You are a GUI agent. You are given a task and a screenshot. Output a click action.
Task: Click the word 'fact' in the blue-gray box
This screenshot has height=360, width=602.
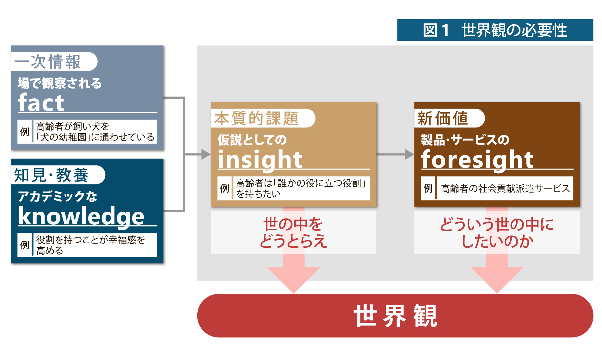pos(41,102)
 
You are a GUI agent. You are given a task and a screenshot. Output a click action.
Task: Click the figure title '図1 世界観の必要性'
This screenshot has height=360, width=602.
pos(495,30)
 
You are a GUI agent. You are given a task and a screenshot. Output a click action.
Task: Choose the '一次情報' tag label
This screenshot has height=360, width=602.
pos(47,61)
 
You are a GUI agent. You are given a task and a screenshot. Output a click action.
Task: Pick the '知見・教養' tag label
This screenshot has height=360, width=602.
pos(51,175)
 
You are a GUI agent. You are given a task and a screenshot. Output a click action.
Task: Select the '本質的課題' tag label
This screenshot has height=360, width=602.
pos(256,118)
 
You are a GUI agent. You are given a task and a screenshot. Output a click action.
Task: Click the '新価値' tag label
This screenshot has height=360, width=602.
pos(443,118)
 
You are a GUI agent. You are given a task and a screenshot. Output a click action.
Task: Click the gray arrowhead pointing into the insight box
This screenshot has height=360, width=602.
pos(206,154)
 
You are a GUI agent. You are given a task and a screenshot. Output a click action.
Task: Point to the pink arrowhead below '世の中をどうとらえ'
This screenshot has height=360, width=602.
pos(294,280)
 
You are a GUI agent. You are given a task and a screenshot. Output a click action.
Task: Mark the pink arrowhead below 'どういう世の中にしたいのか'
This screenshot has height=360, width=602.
pos(497,280)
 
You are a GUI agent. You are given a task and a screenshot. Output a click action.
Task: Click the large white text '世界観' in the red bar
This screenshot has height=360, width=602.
pos(395,316)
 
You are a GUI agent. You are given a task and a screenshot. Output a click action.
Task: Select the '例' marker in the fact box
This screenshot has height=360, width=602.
pos(25,132)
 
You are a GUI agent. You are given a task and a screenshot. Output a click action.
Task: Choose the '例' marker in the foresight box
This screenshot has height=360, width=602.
pos(428,188)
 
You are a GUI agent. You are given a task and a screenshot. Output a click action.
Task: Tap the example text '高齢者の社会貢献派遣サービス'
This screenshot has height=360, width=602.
pos(505,189)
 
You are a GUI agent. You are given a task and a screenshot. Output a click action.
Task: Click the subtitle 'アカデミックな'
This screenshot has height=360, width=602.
pos(57,196)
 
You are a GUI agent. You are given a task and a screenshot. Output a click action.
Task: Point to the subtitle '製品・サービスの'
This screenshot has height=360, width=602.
pos(465,140)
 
